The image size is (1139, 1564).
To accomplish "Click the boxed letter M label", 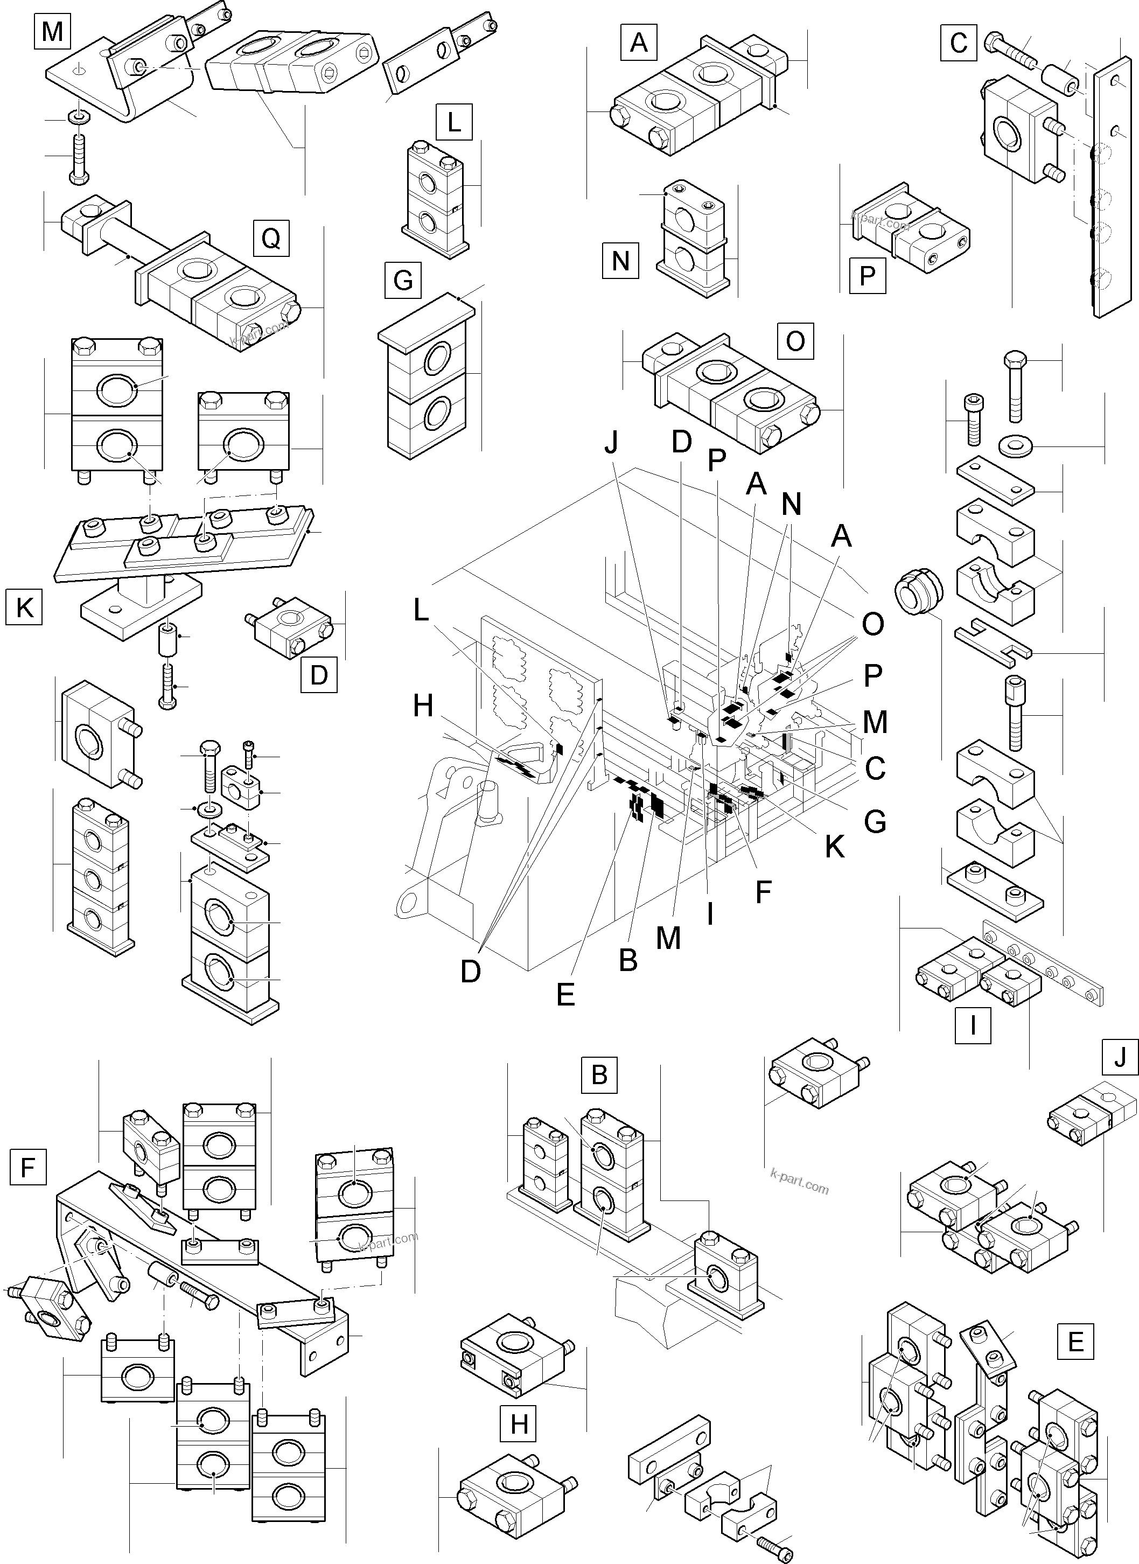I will (x=52, y=32).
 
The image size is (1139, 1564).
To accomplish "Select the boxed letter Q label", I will (x=270, y=239).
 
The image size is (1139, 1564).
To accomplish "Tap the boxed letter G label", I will (x=403, y=281).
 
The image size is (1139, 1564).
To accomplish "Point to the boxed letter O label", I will (x=795, y=341).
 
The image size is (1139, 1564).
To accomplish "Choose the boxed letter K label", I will (x=24, y=607).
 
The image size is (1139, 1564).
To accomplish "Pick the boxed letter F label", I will (x=28, y=1168).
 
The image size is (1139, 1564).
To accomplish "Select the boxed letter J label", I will (x=1120, y=1057).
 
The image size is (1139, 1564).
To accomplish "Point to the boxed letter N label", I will (x=620, y=261).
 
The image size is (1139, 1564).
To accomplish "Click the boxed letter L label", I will (x=453, y=122).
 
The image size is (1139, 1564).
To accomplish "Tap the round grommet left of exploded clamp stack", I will (x=918, y=591).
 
